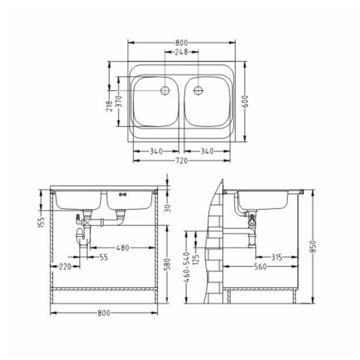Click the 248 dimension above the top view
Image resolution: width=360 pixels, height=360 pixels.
(181, 52)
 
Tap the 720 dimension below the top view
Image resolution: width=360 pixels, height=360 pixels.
(181, 160)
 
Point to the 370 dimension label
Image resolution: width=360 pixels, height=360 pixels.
(118, 101)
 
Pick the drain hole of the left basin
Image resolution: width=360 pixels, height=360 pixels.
(164, 91)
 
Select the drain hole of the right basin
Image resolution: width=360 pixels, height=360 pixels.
(198, 91)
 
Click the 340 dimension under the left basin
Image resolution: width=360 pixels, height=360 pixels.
(156, 151)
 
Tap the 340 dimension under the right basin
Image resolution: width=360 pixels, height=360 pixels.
(207, 151)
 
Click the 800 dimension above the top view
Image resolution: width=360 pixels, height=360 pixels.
(181, 43)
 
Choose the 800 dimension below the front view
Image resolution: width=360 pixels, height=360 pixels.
(104, 313)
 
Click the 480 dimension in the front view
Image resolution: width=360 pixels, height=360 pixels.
(122, 248)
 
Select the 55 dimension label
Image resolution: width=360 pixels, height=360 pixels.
(103, 257)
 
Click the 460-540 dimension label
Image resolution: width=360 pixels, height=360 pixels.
(187, 268)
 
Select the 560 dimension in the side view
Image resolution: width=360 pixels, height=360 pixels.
(261, 266)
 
